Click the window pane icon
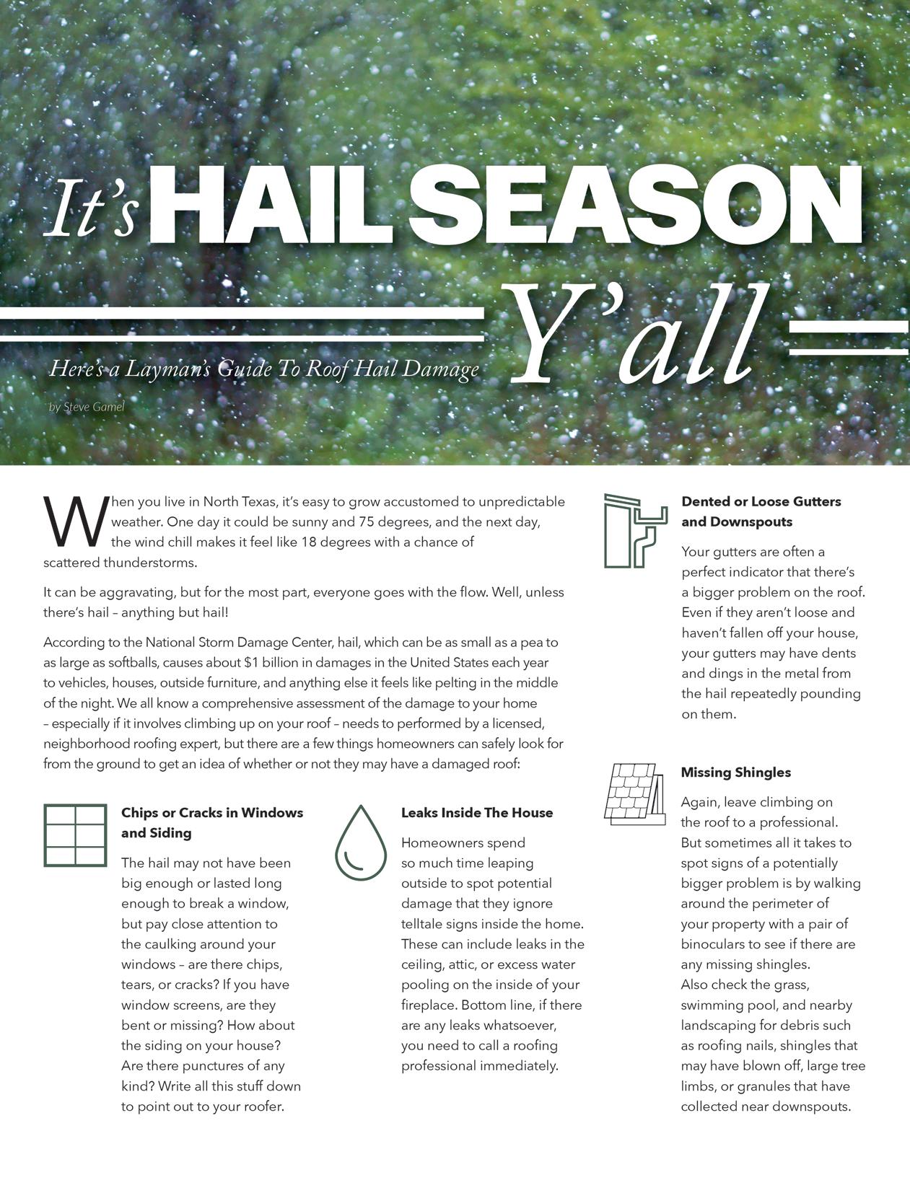coord(75,835)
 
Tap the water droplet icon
coord(361,842)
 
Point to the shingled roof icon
coord(634,793)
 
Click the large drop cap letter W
coord(75,521)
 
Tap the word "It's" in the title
coord(92,208)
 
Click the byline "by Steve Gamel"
coord(87,407)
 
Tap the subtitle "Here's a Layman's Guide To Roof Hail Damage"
coord(264,369)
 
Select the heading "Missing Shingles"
coord(735,772)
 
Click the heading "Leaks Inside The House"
coord(477,813)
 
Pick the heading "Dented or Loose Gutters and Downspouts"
coord(761,511)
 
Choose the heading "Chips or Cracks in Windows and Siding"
coord(212,823)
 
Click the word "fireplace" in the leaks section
coord(428,1005)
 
